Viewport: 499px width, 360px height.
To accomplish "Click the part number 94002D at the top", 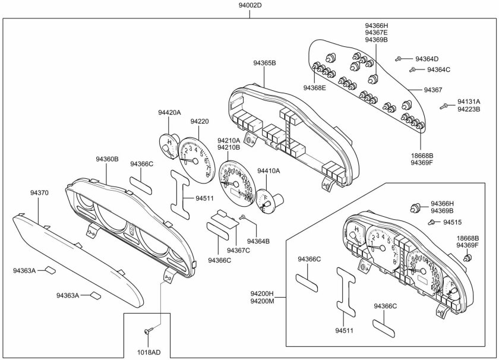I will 249,5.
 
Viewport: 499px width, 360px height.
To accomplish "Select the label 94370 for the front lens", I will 39,193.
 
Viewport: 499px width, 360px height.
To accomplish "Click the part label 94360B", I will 107,159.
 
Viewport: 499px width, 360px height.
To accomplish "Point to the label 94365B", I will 264,62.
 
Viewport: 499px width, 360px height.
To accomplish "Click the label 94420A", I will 169,112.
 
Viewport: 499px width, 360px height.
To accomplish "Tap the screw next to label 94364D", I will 401,59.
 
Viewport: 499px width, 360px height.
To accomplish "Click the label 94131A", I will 469,102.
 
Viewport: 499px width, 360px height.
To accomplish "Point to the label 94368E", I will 315,88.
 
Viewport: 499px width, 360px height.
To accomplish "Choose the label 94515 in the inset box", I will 452,222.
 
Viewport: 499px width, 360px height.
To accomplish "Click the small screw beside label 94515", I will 431,222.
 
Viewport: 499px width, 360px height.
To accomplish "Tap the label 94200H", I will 261,293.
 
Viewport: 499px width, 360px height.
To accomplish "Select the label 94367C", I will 238,250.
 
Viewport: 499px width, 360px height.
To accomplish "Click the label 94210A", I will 229,140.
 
